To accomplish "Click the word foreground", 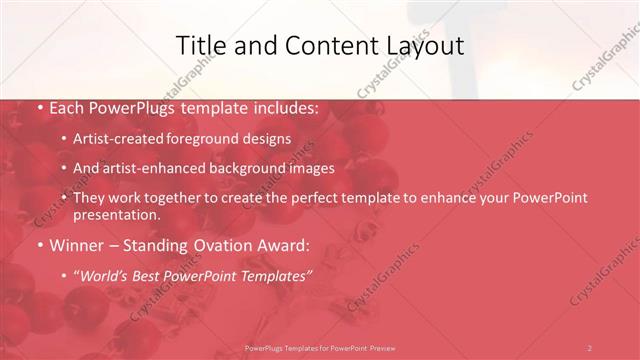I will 206,139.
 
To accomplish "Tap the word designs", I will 268,139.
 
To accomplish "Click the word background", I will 254,168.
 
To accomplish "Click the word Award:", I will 283,244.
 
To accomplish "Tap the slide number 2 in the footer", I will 589,348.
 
